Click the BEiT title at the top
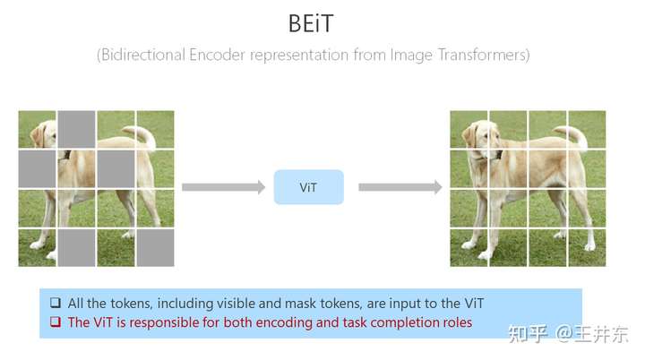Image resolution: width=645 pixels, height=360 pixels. (311, 23)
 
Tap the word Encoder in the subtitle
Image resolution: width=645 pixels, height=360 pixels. (217, 55)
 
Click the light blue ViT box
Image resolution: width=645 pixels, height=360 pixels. (308, 187)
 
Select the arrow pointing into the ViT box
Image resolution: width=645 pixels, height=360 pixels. (223, 187)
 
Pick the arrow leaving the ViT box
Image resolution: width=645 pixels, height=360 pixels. (400, 187)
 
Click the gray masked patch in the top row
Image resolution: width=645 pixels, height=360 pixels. (76, 129)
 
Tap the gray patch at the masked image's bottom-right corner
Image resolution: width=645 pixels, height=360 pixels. (155, 248)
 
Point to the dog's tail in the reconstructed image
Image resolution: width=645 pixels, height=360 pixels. (574, 136)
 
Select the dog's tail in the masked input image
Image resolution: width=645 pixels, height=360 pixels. (142, 136)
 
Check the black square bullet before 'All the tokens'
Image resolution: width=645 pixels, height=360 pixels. (56, 304)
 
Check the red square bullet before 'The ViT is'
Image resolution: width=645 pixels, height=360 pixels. (56, 321)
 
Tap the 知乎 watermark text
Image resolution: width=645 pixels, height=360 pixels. (528, 334)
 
